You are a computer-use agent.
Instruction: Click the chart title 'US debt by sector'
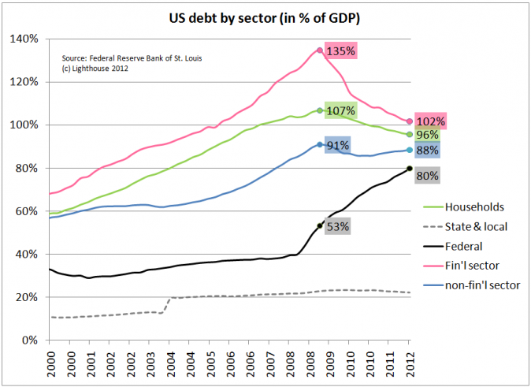click(265, 16)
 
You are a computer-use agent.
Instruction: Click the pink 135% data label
click(342, 50)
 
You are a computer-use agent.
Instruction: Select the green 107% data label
click(340, 111)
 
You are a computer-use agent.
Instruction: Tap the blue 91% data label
click(336, 145)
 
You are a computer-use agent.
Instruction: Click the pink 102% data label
click(431, 121)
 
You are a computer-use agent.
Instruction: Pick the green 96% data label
click(428, 135)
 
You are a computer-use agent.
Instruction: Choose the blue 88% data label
click(428, 151)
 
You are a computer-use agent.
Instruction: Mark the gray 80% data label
click(428, 176)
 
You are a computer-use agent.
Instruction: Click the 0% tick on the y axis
click(29, 340)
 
